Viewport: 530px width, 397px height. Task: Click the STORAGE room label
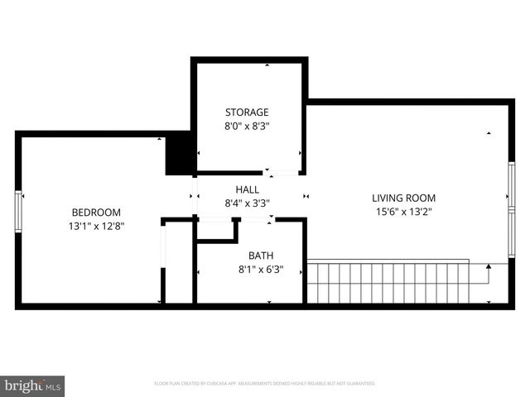[247, 112]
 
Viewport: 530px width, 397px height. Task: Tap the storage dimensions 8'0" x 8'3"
[247, 127]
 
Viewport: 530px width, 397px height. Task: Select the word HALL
[247, 189]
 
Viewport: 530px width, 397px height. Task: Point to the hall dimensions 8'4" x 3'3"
[247, 203]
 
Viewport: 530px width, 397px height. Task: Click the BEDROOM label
[96, 212]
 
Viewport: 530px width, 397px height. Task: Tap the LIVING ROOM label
[403, 198]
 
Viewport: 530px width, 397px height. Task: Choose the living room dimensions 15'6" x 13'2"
[403, 212]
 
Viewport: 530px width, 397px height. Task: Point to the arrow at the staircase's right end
[489, 268]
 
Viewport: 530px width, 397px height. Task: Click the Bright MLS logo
[33, 385]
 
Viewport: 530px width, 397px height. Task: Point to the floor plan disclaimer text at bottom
[265, 384]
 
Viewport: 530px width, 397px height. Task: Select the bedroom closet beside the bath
[179, 263]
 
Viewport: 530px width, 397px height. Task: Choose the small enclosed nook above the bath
[217, 229]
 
